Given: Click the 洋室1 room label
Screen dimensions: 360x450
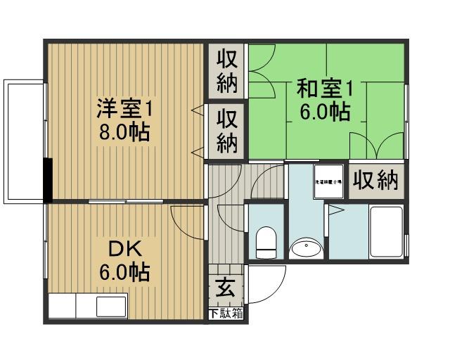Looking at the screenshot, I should (x=125, y=109).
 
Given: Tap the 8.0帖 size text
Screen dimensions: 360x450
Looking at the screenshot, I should (x=124, y=131).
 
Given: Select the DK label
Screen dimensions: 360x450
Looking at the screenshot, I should (x=124, y=249).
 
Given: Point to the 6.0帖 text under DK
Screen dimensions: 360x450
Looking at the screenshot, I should (x=124, y=272).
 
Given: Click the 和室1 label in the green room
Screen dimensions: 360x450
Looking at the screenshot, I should (x=323, y=89).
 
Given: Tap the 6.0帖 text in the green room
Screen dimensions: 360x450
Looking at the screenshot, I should (x=324, y=112).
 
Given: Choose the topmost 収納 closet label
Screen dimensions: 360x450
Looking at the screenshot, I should (x=226, y=70).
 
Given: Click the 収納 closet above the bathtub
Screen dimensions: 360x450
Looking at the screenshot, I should (x=375, y=180).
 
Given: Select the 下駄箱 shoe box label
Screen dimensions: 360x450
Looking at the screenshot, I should (x=226, y=313).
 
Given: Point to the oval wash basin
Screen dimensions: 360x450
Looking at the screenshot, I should (x=306, y=247).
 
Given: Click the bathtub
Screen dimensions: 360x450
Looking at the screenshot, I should (x=385, y=233).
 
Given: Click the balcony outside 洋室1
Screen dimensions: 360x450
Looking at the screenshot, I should (x=24, y=141).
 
